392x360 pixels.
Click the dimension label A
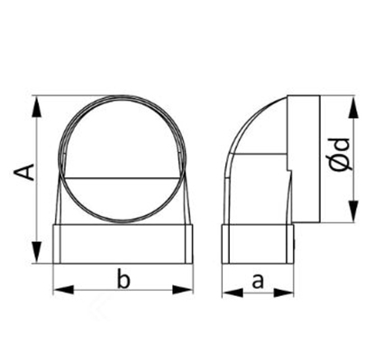pos(25,172)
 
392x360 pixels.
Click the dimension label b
pos(123,279)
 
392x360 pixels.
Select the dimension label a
pos(258,281)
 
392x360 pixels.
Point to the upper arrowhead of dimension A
pos(36,106)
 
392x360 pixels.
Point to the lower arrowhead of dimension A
pos(36,252)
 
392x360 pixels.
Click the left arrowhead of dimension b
pos(63,290)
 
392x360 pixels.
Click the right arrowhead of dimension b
pos(182,290)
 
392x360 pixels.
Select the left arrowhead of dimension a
pos(232,292)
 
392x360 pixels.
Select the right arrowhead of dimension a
pos(284,292)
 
